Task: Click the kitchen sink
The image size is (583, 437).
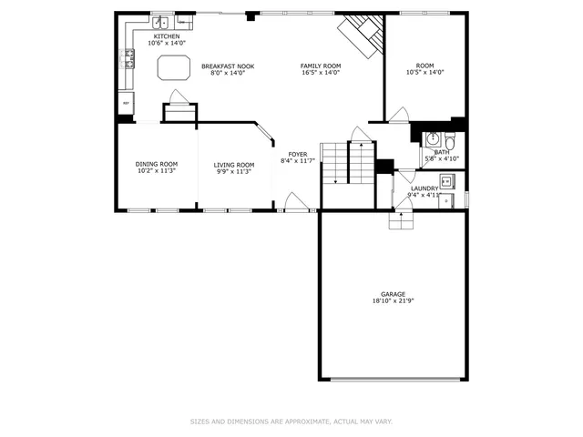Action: point(160,22)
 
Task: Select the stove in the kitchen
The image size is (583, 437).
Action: point(128,61)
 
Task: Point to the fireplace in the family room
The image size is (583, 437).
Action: point(360,34)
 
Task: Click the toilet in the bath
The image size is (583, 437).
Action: point(451,141)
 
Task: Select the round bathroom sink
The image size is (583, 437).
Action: point(434,139)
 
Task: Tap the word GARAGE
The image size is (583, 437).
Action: point(394,294)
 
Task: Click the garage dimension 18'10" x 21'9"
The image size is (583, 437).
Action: point(394,301)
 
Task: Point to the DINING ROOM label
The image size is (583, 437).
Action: point(155,164)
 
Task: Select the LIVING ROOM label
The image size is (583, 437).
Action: point(234,164)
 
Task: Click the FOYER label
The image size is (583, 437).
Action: point(298,154)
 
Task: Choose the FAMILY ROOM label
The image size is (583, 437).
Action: point(321,66)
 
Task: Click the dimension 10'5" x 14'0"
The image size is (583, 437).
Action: point(424,73)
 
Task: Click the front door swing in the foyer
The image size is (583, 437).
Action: point(294,202)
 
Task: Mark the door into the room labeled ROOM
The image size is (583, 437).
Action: point(398,115)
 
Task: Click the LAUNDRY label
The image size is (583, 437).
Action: point(424,188)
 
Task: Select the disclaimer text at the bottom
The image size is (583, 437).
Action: point(291,422)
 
